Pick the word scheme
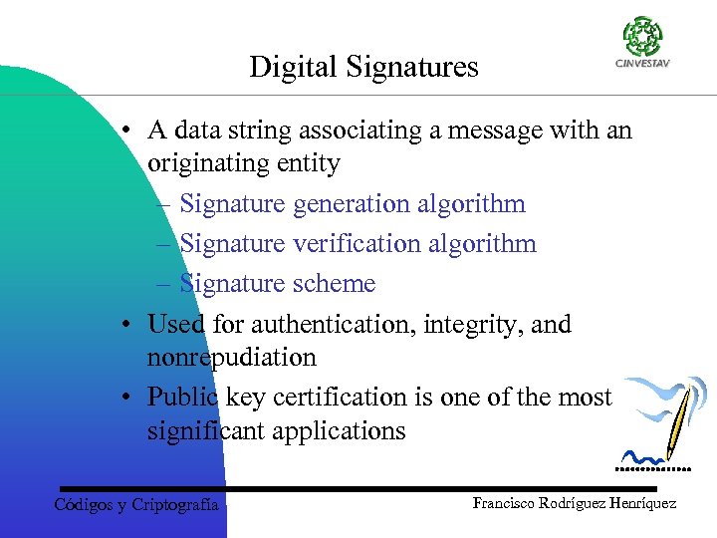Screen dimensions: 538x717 pos(335,284)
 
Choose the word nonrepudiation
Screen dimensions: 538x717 pos(231,358)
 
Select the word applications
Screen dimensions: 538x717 pos(343,431)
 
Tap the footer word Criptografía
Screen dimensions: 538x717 pos(174,505)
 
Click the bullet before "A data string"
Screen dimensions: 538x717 pos(127,132)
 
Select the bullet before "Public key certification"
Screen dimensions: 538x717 pos(127,398)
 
